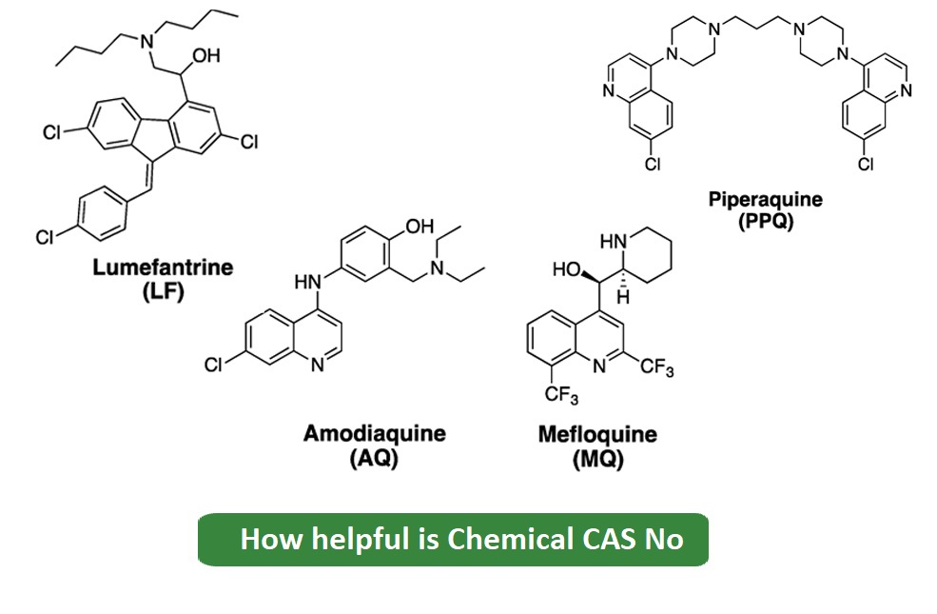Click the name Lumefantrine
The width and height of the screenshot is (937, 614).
(163, 267)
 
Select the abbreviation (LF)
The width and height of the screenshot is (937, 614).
(162, 289)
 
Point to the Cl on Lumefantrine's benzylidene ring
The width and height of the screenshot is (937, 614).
(45, 238)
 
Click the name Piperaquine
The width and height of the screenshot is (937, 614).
(765, 200)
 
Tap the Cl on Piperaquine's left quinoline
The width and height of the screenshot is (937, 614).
(653, 165)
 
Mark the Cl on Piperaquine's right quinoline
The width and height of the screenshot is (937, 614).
(866, 165)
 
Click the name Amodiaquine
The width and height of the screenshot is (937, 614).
(374, 434)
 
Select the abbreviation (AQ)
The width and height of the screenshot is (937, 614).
(374, 458)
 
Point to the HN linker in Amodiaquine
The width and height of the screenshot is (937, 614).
(307, 281)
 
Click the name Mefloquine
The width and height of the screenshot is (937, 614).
(596, 435)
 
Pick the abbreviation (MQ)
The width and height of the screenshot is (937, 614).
(597, 458)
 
